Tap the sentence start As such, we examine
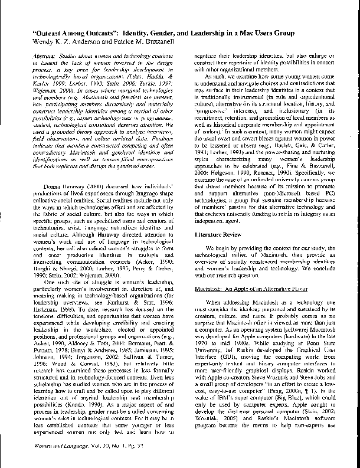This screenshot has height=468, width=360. (229, 77)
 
